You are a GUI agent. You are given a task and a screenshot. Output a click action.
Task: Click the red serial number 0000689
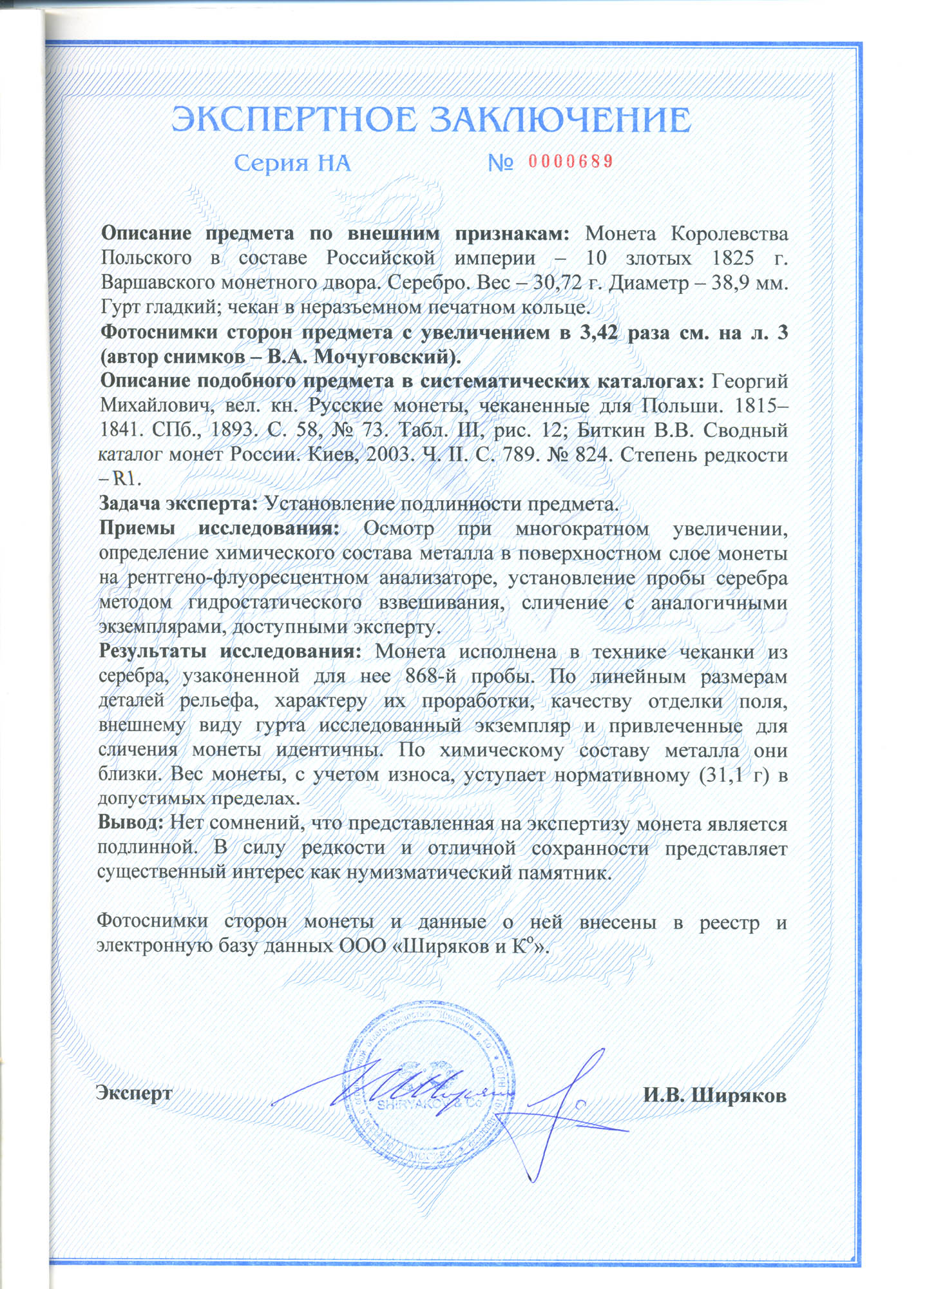[x=569, y=161]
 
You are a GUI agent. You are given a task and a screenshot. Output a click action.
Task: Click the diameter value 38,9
[x=730, y=283]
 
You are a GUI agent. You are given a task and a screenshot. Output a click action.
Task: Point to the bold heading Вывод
[x=131, y=823]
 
